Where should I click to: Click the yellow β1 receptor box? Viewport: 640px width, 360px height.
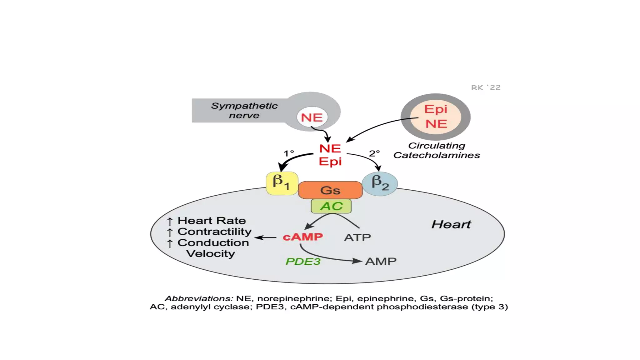(x=282, y=183)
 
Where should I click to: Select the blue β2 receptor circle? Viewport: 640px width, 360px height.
(x=380, y=183)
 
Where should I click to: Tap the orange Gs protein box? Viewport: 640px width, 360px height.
(x=330, y=190)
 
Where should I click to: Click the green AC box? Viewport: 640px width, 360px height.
(x=331, y=206)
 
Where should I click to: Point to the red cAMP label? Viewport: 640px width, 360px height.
(x=303, y=237)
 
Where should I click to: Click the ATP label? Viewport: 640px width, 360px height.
(x=357, y=237)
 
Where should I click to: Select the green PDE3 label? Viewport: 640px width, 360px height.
(x=303, y=261)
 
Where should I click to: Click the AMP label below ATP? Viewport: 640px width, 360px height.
(x=381, y=261)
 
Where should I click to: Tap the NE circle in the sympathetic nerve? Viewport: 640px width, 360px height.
(x=312, y=117)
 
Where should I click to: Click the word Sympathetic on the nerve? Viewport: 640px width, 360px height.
(x=244, y=106)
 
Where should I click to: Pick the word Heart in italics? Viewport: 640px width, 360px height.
(x=451, y=224)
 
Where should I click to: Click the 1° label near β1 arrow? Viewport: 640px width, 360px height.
(x=289, y=153)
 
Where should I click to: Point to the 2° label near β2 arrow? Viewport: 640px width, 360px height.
(x=374, y=153)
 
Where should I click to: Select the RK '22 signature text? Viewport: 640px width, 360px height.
(x=486, y=87)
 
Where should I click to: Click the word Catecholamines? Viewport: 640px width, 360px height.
(x=437, y=155)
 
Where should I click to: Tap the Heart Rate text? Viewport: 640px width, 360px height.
(x=212, y=221)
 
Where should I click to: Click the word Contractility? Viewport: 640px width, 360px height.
(x=214, y=232)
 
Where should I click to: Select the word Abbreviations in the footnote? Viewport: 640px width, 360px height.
(x=199, y=298)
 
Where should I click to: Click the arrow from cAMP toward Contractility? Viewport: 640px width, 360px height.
(x=265, y=238)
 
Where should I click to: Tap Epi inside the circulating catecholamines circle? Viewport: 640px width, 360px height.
(x=436, y=109)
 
